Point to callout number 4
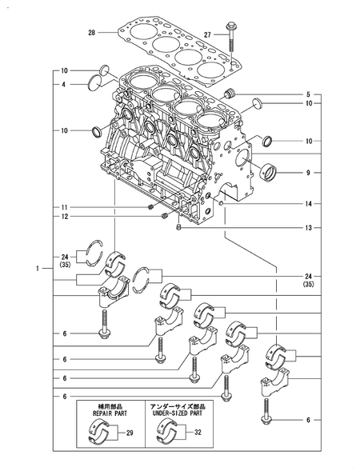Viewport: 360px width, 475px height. click(64, 84)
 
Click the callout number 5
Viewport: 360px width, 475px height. click(307, 94)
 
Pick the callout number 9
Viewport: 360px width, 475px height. click(307, 171)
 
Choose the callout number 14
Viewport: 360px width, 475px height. click(307, 204)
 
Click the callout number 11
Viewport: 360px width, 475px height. click(64, 206)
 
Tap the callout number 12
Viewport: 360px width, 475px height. click(64, 217)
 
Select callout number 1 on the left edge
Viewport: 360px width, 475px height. click(37, 268)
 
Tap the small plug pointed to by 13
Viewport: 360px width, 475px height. click(179, 229)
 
